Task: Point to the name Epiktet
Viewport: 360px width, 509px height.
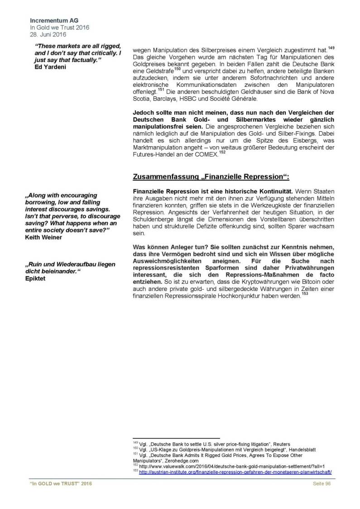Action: point(36,278)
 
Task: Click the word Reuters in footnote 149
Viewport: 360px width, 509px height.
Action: point(282,444)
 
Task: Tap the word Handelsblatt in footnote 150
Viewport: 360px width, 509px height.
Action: point(301,450)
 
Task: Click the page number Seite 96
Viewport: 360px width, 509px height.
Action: point(322,484)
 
